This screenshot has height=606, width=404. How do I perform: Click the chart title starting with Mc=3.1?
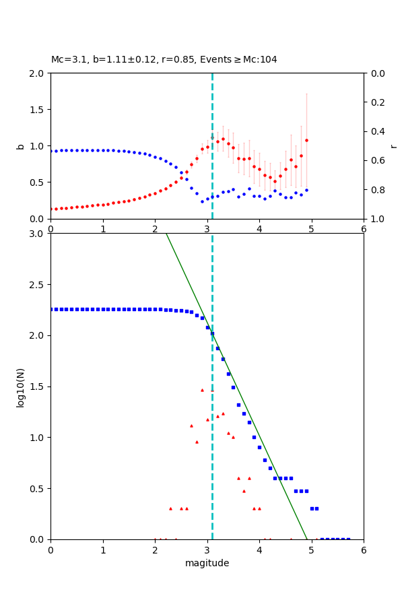164,60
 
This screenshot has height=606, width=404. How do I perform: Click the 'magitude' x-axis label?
207,563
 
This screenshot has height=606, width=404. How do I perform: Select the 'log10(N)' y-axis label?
20,386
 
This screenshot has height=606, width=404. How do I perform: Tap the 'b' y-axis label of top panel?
20,146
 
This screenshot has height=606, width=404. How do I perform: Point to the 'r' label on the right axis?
394,146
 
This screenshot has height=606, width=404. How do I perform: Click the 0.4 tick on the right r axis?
378,131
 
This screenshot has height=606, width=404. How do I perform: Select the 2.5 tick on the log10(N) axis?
37,285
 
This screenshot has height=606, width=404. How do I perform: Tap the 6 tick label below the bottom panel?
364,549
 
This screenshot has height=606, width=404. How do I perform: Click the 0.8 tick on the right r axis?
378,190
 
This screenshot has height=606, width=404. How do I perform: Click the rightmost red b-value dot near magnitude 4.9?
306,140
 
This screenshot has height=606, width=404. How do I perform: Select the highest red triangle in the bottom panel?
202,390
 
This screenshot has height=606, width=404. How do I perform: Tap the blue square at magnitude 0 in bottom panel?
50,309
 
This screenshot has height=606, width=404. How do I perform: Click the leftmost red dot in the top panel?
50,209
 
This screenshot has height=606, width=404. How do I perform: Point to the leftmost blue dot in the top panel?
50,151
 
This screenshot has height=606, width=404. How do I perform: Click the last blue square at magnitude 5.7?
348,539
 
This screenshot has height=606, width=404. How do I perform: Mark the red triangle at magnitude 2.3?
170,508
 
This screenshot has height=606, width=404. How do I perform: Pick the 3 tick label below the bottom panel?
207,549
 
